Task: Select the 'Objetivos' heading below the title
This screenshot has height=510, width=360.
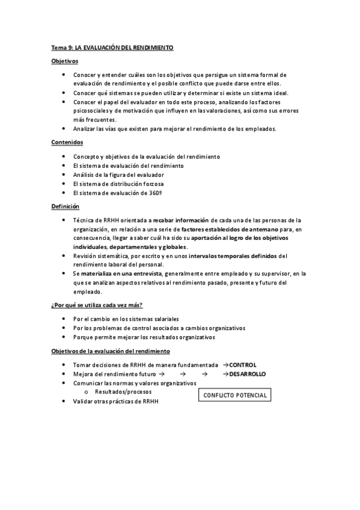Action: tap(64, 61)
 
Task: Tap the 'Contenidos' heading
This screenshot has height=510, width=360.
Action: tap(67, 143)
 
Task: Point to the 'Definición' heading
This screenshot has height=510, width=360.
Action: tap(65, 206)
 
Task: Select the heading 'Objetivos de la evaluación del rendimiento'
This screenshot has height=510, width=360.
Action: tap(111, 351)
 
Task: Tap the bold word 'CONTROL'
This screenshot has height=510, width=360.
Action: tap(243, 365)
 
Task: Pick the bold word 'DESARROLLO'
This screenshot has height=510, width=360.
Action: tap(248, 373)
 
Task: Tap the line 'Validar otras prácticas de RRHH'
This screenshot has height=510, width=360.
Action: tap(115, 401)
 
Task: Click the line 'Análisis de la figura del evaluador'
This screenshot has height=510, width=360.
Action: tap(118, 174)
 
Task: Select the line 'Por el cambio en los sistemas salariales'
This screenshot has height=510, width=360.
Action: tap(126, 319)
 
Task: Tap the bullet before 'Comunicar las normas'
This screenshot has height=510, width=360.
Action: tap(64, 382)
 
